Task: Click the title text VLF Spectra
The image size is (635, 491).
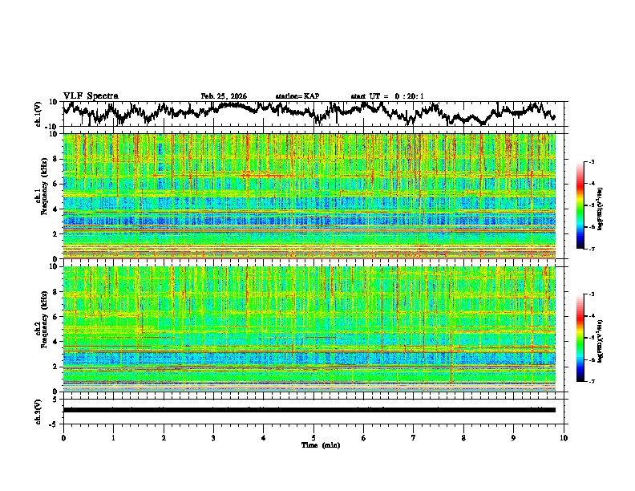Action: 91,95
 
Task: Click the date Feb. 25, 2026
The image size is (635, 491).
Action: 224,96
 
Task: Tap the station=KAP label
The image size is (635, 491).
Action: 297,96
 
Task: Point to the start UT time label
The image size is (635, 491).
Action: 386,96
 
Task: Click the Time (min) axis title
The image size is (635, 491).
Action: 313,444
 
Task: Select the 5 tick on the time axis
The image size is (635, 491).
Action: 313,437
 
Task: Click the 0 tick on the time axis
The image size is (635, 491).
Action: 63,437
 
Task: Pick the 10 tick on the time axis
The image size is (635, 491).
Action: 564,437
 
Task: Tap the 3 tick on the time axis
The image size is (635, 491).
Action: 213,437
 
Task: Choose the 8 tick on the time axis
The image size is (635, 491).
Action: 463,437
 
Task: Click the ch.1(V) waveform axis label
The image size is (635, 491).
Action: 38,114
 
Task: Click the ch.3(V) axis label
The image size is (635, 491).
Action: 38,409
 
